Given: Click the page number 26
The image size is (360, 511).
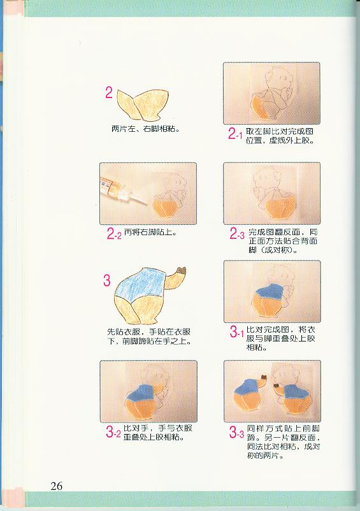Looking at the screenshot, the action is (56, 486).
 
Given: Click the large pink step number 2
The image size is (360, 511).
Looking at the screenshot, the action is (109, 93).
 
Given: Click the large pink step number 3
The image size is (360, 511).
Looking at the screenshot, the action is (107, 280).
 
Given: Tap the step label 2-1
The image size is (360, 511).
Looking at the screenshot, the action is (235, 134).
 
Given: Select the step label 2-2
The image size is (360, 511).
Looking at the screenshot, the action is (114, 234).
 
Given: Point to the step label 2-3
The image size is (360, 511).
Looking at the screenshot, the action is (237, 234).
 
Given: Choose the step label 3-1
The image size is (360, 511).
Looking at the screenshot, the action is (236, 332).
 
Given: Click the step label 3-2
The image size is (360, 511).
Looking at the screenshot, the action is (113, 432).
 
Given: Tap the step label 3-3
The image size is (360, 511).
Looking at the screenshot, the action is (236, 432).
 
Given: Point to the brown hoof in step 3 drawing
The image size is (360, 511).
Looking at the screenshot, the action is (180, 271).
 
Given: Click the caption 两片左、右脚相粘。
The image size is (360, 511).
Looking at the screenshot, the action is (146, 129).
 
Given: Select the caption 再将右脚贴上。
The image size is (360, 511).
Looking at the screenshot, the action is (150, 233).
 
